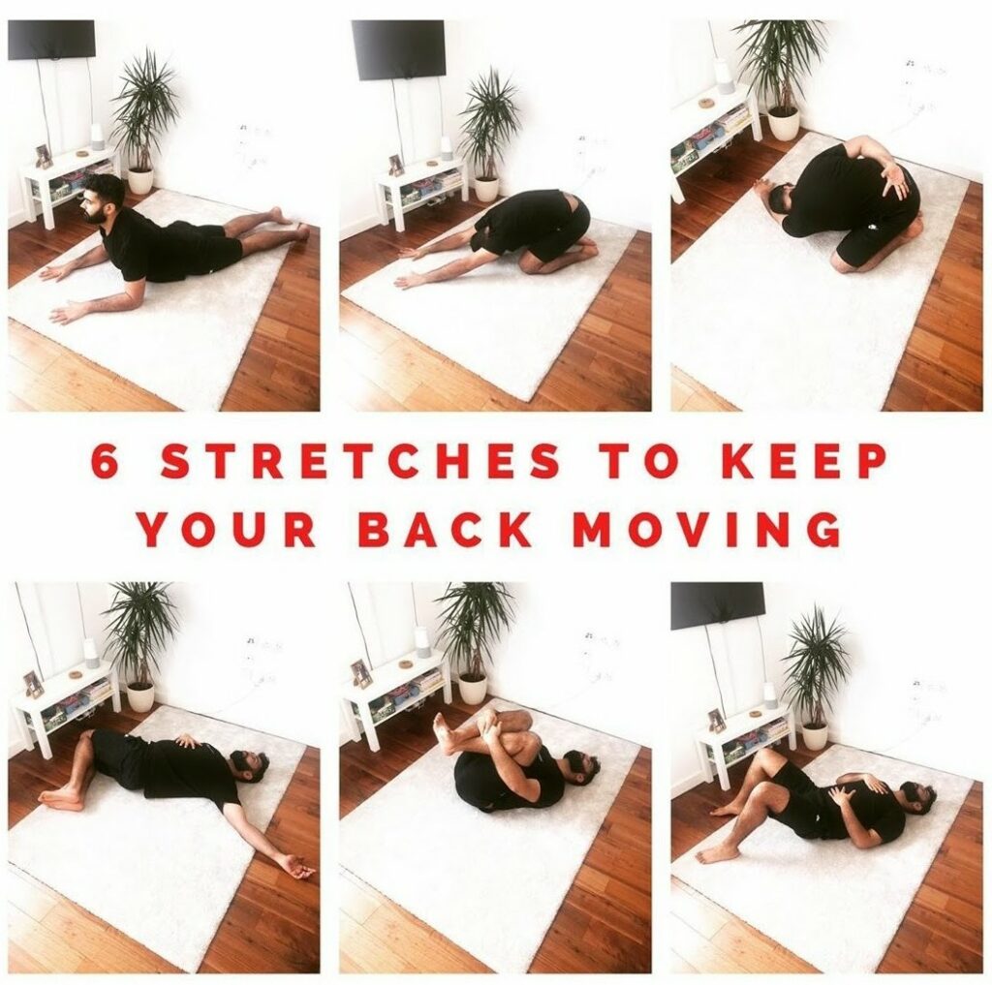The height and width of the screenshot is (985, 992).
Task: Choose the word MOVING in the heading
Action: [707, 531]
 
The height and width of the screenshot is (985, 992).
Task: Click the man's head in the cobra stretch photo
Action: [103, 199]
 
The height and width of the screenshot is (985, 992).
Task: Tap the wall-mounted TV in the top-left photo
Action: [51, 40]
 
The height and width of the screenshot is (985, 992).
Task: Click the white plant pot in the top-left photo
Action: [139, 181]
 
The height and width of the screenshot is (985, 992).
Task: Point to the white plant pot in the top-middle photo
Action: [486, 188]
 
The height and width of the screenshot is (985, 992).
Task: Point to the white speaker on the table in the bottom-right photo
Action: [770, 694]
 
